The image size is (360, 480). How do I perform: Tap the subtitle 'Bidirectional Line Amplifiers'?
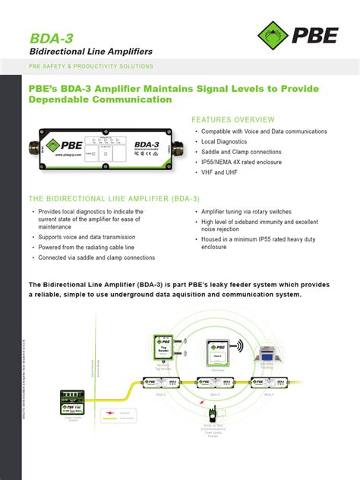90,52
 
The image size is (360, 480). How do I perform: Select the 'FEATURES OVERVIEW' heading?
233,120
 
